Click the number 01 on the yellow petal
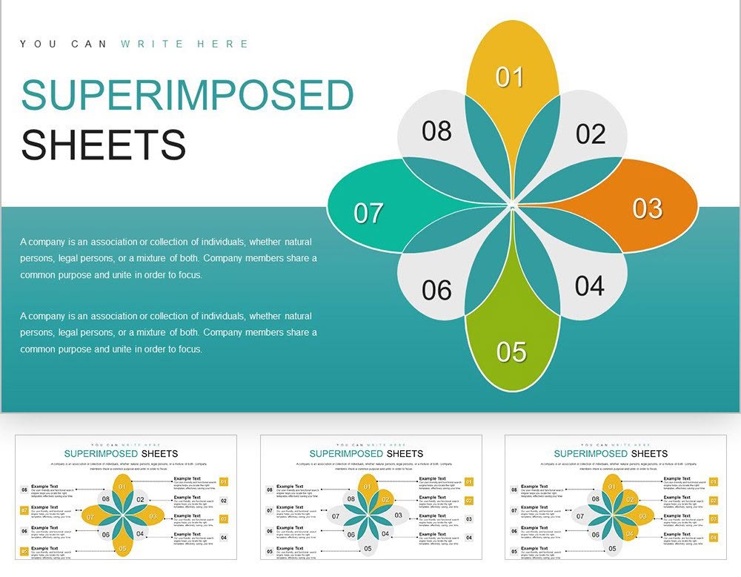pyautogui.click(x=510, y=77)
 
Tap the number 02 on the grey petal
pyautogui.click(x=591, y=134)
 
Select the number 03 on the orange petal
pyautogui.click(x=647, y=208)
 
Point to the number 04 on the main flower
pyautogui.click(x=589, y=286)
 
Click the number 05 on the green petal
pyautogui.click(x=511, y=352)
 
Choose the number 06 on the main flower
pyautogui.click(x=436, y=290)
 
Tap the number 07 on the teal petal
pyautogui.click(x=368, y=214)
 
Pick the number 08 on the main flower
pyautogui.click(x=436, y=131)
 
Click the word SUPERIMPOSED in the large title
pyautogui.click(x=188, y=96)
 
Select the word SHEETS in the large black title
pyautogui.click(x=104, y=145)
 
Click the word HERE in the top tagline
pyautogui.click(x=223, y=44)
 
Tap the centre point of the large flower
pyautogui.click(x=512, y=205)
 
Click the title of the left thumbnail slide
pyautogui.click(x=122, y=453)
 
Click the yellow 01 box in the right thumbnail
pyautogui.click(x=714, y=482)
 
